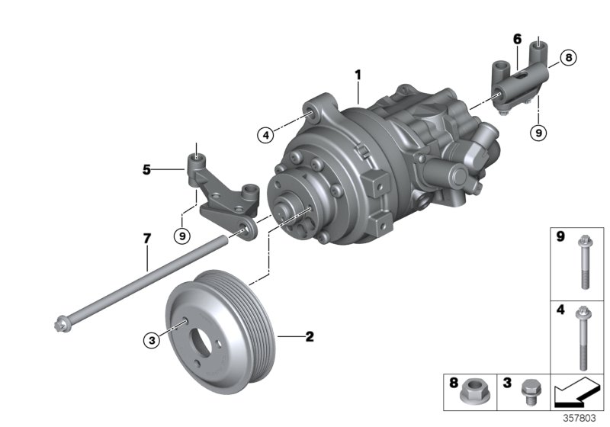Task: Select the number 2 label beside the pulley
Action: (x=310, y=335)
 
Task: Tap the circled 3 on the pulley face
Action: (x=152, y=341)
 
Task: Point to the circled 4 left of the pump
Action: (x=265, y=135)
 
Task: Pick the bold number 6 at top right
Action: (x=516, y=38)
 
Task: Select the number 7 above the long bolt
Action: (x=146, y=239)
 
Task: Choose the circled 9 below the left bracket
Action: (x=181, y=236)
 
